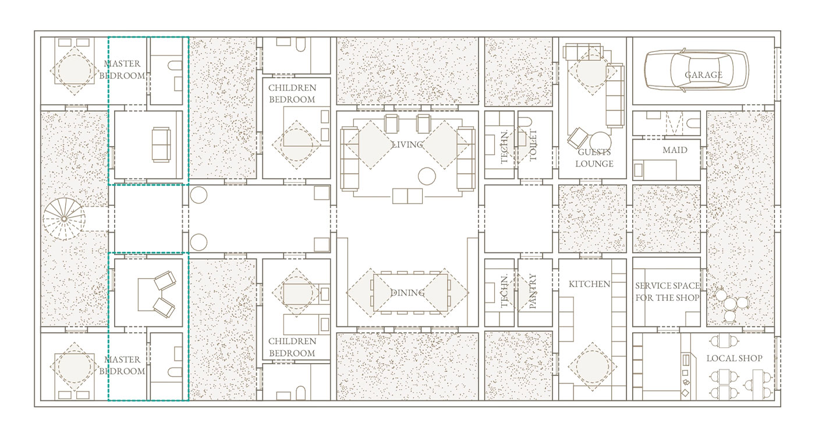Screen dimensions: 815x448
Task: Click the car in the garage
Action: click(696, 70)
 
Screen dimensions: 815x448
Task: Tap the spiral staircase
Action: click(64, 219)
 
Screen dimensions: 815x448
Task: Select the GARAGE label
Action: click(703, 75)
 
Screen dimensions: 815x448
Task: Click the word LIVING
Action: click(407, 145)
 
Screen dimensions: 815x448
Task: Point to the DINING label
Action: click(407, 293)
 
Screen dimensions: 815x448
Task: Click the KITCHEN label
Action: click(589, 284)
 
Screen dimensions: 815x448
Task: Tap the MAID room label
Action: click(675, 150)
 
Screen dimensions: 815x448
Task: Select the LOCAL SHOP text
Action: click(734, 358)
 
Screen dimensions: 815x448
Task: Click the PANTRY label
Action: click(533, 291)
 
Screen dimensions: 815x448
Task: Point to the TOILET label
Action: click(533, 145)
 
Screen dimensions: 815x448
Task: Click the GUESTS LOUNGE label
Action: click(594, 158)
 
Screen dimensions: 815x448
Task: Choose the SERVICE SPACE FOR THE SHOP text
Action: click(667, 291)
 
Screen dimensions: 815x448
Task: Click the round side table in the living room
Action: click(427, 176)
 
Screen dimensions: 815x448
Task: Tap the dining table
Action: click(411, 293)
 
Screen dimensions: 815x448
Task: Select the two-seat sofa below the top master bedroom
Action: click(161, 144)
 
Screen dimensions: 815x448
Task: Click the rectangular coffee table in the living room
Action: click(408, 196)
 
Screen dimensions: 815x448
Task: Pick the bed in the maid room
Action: click(655, 169)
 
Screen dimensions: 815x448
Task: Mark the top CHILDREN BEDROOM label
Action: click(292, 94)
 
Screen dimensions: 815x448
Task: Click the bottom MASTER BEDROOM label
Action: click(122, 365)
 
